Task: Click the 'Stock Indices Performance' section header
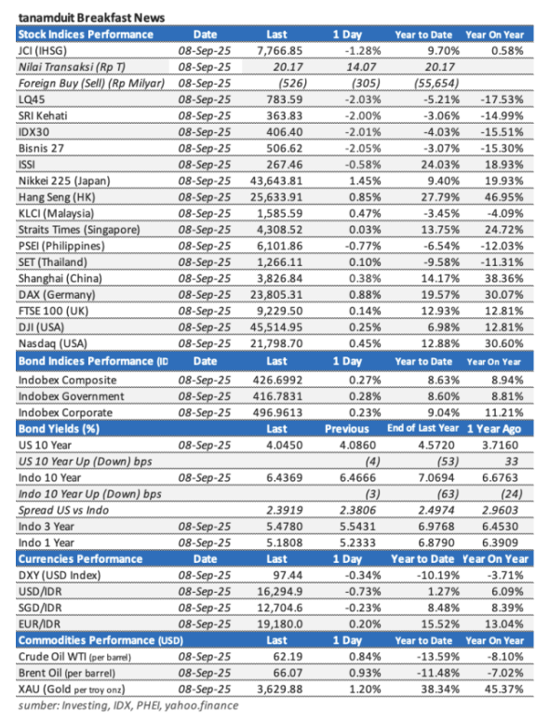86,33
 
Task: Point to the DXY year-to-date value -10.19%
424,574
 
